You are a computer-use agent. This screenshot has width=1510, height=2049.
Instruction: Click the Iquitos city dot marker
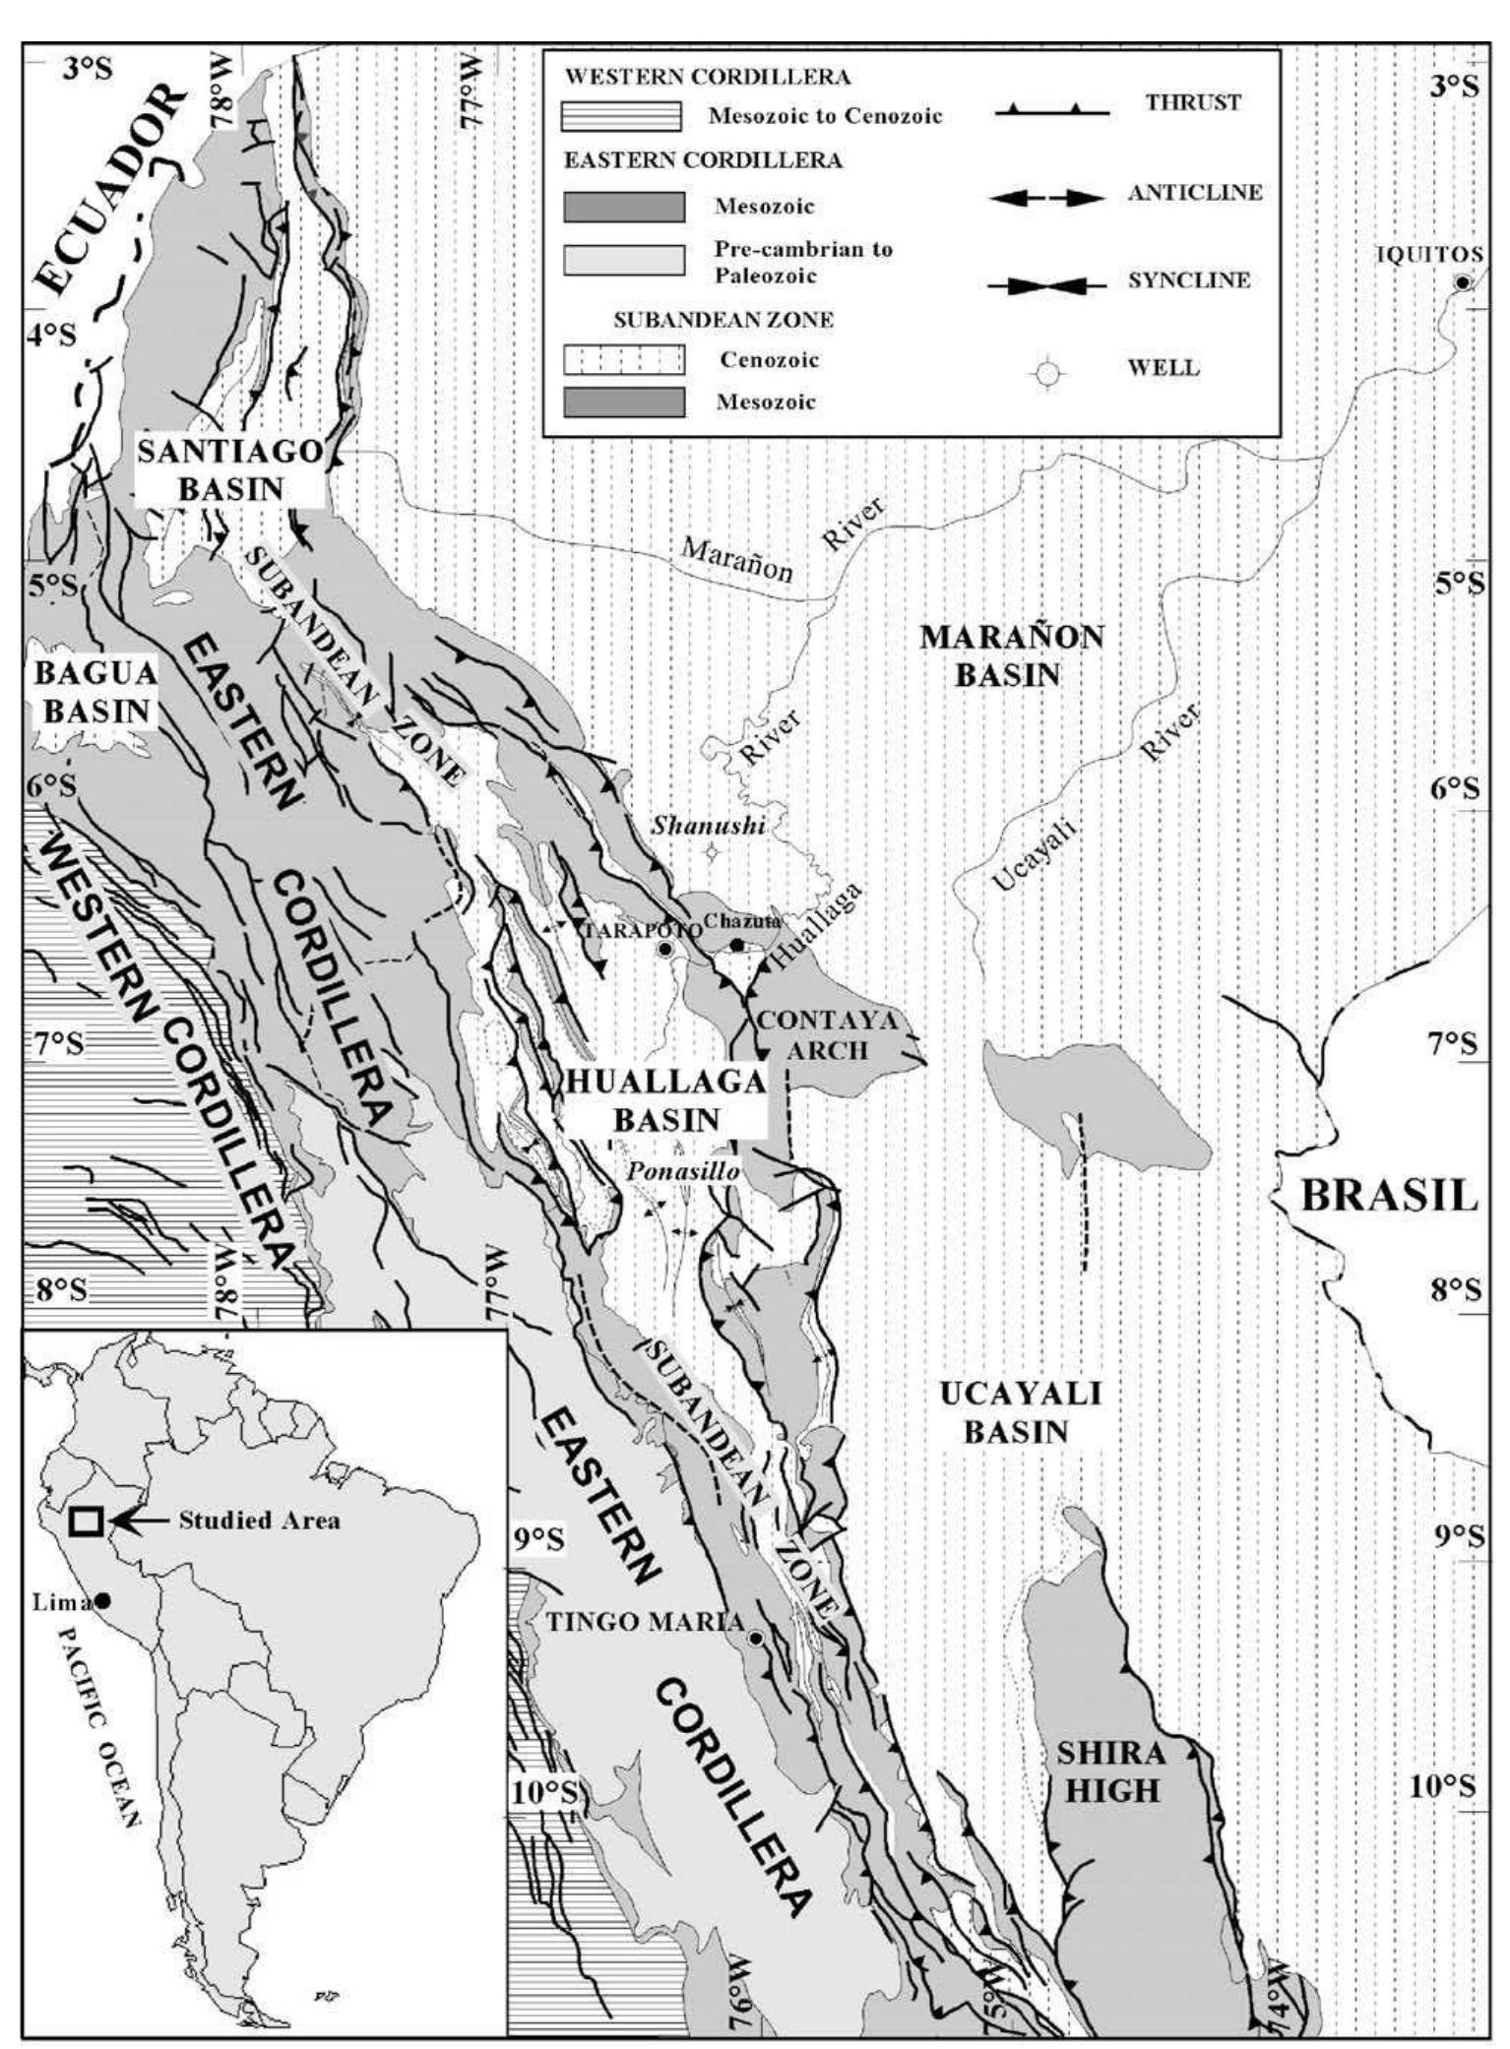(x=1463, y=283)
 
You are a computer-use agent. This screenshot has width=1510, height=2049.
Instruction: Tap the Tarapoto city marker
(x=664, y=949)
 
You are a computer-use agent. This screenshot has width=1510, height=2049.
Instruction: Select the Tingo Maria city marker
(x=755, y=1639)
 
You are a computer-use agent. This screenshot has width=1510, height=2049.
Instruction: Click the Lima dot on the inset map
(x=101, y=1601)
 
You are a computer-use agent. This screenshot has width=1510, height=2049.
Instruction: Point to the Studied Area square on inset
(x=86, y=1521)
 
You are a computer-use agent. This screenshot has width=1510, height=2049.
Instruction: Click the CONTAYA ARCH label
(x=827, y=1034)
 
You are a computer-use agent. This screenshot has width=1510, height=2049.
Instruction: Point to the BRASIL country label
(x=1389, y=1196)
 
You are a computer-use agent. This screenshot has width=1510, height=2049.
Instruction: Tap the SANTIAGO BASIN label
(x=229, y=469)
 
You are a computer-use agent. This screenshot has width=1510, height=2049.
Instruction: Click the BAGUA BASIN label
(x=95, y=692)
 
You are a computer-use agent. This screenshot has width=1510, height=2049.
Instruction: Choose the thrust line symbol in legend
(x=1051, y=112)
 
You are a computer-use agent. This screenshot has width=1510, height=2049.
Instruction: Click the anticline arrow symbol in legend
(x=1047, y=198)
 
